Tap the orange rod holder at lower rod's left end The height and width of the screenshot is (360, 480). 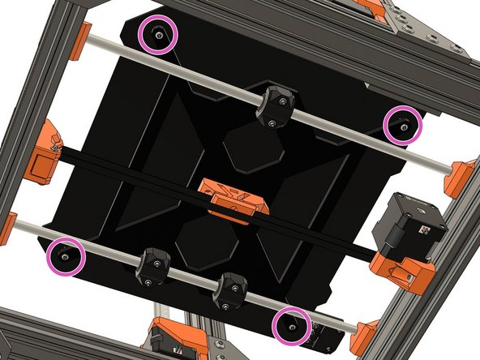[x=6, y=227]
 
